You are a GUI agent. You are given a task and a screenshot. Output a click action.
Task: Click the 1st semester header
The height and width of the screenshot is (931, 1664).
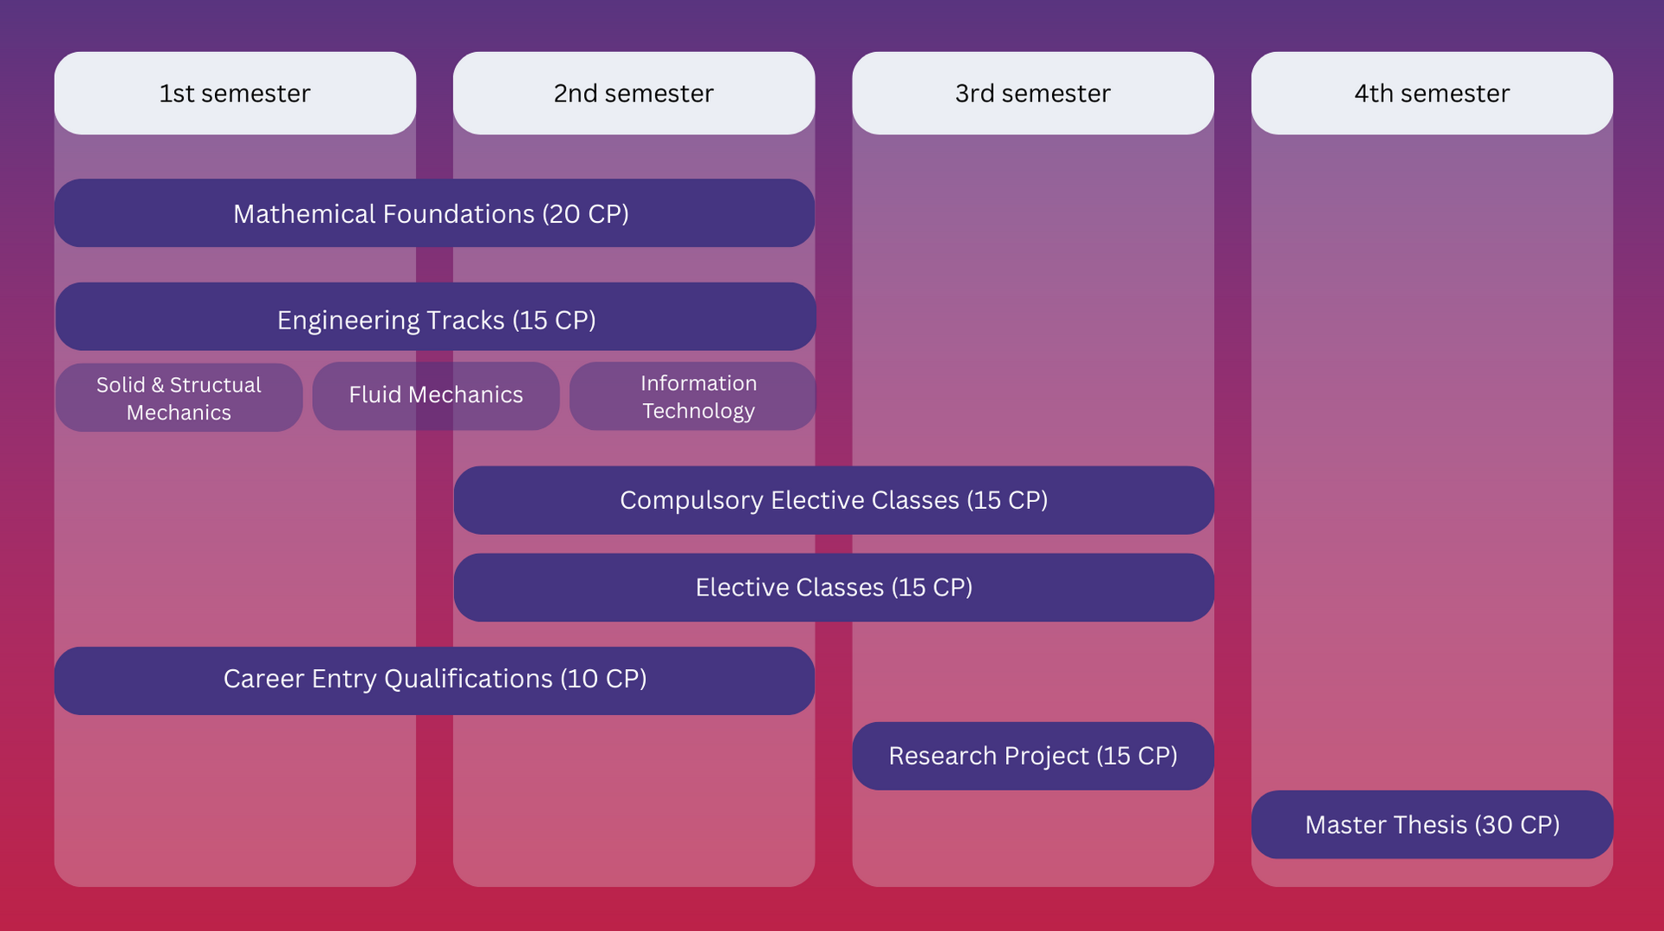pos(235,93)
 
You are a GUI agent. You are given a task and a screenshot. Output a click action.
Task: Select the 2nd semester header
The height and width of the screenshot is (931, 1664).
pos(634,93)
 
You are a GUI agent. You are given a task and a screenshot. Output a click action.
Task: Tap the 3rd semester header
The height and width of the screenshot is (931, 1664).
pos(1032,93)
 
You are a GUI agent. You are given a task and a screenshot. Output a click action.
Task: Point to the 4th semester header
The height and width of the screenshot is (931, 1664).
pos(1432,93)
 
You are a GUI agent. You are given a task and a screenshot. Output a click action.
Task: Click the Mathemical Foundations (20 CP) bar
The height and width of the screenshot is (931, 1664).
pos(434,213)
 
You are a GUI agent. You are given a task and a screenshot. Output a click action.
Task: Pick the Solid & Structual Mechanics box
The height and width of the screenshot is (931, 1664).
pos(179,398)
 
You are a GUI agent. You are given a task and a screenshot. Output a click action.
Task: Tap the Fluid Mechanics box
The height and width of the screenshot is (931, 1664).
pos(436,395)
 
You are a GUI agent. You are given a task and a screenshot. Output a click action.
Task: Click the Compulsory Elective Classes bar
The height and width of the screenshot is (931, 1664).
pos(834,500)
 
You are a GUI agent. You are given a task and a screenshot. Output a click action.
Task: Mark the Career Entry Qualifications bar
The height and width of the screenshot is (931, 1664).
pos(434,680)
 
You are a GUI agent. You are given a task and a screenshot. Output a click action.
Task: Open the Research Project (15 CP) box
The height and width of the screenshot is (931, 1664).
pos(1033,756)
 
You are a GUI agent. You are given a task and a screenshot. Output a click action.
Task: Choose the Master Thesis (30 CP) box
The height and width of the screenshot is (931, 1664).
pos(1432,824)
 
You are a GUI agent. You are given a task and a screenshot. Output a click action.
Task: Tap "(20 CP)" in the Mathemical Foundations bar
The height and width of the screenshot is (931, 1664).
pos(586,214)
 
